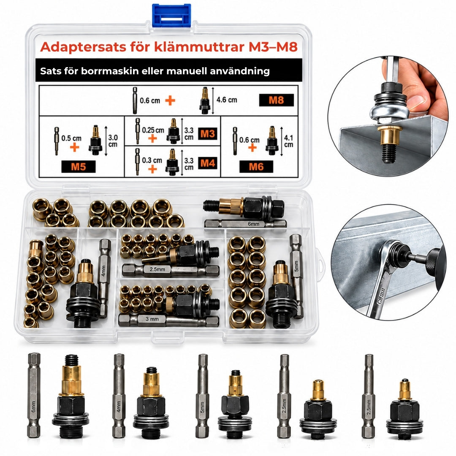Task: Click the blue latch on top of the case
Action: click(171, 15)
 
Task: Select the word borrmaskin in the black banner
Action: click(110, 71)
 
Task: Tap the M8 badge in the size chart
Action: click(276, 100)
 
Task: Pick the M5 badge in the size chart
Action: click(79, 167)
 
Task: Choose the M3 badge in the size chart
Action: click(208, 134)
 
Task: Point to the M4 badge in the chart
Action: click(208, 163)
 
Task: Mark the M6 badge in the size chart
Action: click(256, 167)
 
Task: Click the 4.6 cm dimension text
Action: click(227, 100)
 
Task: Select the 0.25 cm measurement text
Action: click(153, 130)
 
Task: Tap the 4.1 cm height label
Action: click(288, 141)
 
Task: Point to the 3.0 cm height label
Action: click(113, 141)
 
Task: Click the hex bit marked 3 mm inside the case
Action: click(168, 320)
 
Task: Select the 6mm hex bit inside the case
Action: click(245, 224)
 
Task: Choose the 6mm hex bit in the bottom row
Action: click(34, 395)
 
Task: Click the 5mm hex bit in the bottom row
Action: click(202, 396)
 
